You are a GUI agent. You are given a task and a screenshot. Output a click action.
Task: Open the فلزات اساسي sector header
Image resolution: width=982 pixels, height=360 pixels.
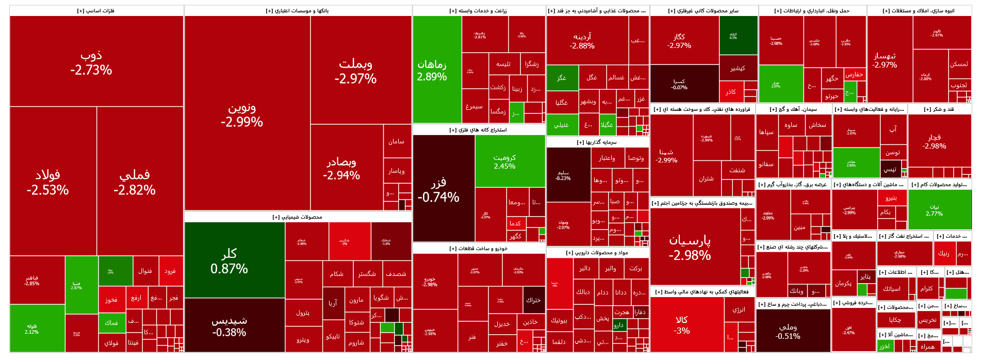(96, 11)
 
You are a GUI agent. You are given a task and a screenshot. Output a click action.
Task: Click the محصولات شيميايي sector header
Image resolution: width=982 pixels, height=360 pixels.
(298, 217)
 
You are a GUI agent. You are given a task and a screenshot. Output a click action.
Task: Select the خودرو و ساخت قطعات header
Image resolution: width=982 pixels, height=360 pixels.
(478, 249)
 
